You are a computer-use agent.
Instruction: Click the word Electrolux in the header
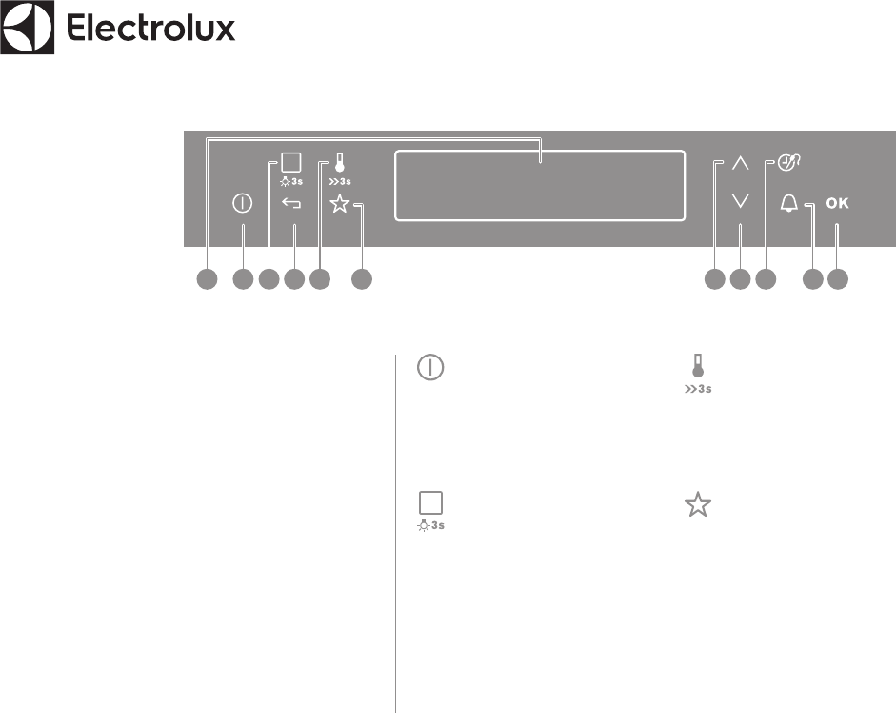pyautogui.click(x=150, y=29)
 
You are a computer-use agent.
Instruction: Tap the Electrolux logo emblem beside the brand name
pyautogui.click(x=27, y=29)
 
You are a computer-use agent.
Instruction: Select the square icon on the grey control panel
pyautogui.click(x=291, y=162)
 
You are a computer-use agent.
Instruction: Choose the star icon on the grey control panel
pyautogui.click(x=340, y=203)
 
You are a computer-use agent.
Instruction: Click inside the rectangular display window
pyautogui.click(x=540, y=185)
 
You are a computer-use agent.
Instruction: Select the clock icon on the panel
pyautogui.click(x=788, y=162)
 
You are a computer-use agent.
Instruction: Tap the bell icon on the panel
pyautogui.click(x=788, y=203)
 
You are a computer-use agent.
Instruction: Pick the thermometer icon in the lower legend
pyautogui.click(x=698, y=366)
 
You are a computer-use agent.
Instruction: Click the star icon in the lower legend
pyautogui.click(x=698, y=506)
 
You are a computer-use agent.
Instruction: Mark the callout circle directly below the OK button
pyautogui.click(x=838, y=279)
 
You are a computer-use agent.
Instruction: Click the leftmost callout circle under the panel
pyautogui.click(x=208, y=279)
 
